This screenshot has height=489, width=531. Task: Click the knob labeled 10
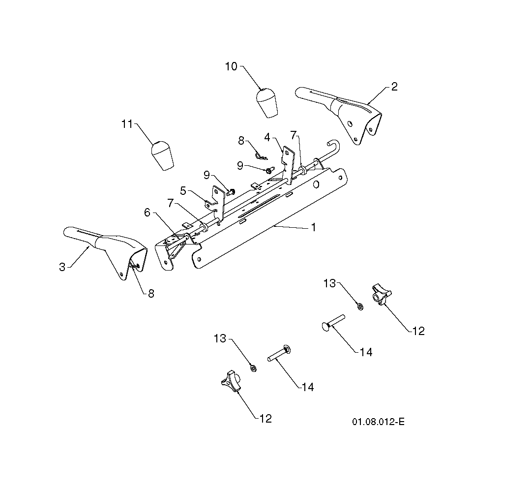coord(267,103)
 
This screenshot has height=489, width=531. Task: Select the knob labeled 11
coord(162,156)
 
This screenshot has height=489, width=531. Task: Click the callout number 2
coord(394,87)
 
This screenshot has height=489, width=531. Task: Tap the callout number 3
coord(62,267)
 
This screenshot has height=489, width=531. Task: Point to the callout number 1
coord(314,227)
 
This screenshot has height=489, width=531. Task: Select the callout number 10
coord(231,66)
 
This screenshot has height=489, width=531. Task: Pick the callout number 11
coord(127,124)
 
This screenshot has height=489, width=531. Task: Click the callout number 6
coord(147,213)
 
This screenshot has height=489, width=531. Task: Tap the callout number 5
coord(183,191)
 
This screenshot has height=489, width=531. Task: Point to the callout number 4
coord(267,138)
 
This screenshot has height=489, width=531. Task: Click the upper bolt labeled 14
coord(333,322)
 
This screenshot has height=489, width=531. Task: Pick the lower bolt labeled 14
coord(279,353)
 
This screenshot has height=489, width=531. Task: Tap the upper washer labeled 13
coord(360,306)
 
